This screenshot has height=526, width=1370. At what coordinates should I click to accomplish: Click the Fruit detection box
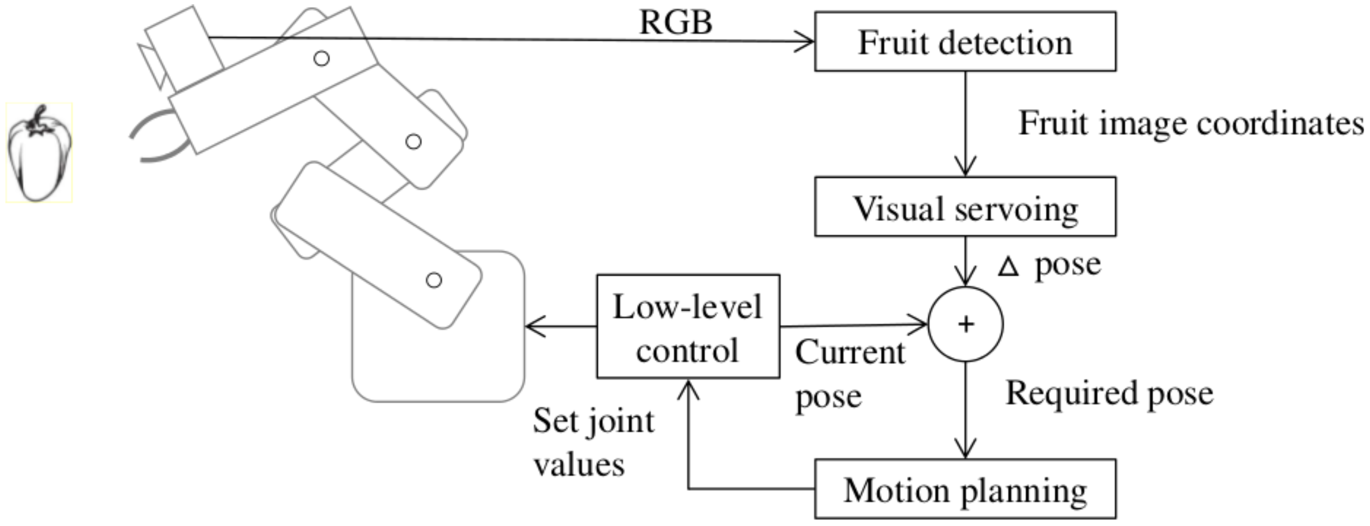click(965, 42)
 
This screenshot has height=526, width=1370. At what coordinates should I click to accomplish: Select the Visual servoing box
click(965, 207)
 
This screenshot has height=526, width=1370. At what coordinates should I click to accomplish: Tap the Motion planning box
click(965, 490)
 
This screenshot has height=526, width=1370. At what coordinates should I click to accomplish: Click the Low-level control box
click(687, 327)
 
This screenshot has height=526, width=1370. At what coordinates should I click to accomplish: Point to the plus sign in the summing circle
click(966, 325)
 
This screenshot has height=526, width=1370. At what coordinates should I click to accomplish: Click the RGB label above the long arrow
click(675, 23)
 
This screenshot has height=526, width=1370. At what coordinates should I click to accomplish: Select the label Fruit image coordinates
click(1189, 124)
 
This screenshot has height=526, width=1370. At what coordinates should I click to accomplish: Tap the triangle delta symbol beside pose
click(1007, 267)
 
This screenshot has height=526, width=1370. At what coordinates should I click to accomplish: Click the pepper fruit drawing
click(39, 157)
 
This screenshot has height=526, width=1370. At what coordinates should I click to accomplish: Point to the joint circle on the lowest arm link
click(433, 280)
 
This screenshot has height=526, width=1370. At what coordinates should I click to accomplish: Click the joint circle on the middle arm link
click(413, 141)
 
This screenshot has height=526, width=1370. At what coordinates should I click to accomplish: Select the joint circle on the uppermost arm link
click(322, 58)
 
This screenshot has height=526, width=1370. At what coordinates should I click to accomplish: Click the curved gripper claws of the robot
click(157, 138)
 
